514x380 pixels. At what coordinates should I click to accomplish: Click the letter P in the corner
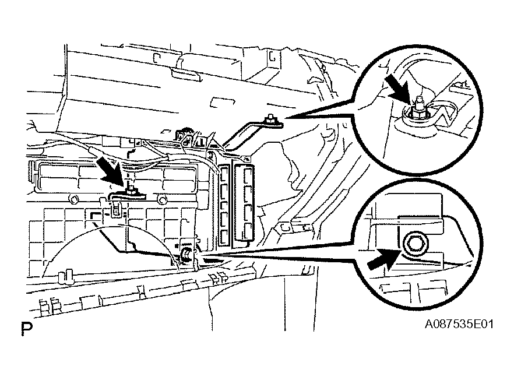(x=26, y=329)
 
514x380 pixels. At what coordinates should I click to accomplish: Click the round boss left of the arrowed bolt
(x=74, y=200)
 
